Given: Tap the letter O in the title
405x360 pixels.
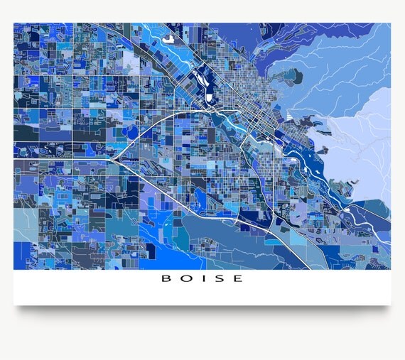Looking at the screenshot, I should [184, 279].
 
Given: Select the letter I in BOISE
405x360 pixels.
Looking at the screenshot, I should [201, 279].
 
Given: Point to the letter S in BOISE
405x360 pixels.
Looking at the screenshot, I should [218, 279].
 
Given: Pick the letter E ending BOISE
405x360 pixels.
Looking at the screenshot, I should [237, 279].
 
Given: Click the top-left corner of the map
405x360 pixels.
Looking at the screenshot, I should [14, 23].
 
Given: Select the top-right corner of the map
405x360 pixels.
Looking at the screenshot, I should [390, 23].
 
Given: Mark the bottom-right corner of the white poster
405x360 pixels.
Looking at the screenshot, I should [390, 305].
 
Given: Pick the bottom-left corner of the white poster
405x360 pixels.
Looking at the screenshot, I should [14, 305].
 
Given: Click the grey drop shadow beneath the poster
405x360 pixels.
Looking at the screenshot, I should [202, 311].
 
